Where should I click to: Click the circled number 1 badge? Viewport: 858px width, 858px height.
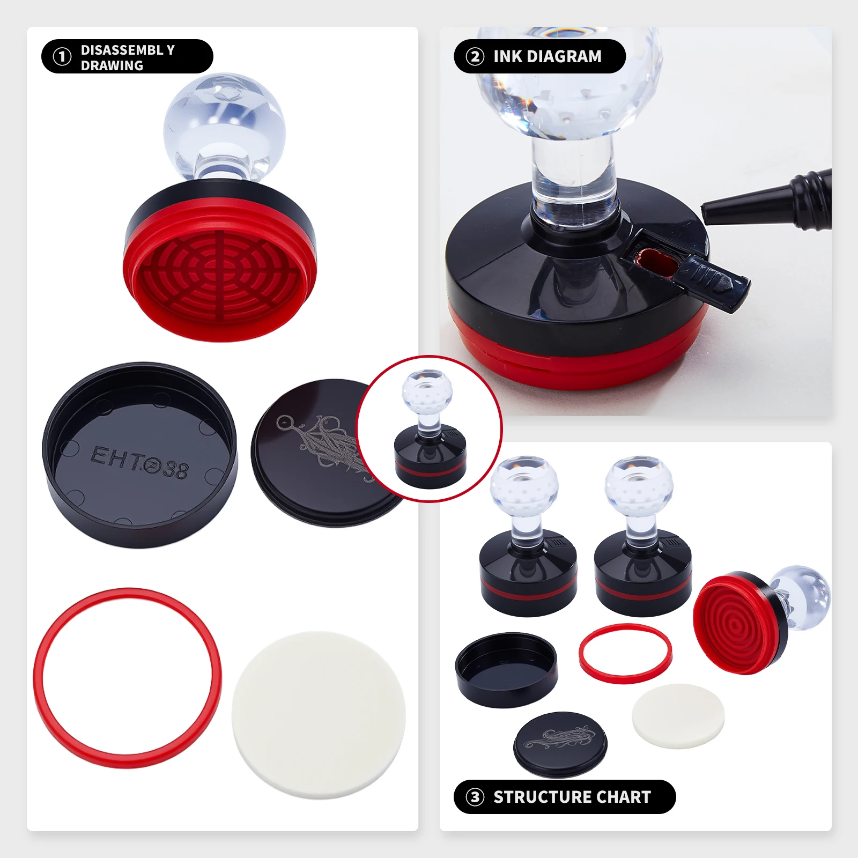pyautogui.click(x=62, y=56)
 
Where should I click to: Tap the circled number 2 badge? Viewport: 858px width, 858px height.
pyautogui.click(x=475, y=56)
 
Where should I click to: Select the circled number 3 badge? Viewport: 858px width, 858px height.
pyautogui.click(x=475, y=797)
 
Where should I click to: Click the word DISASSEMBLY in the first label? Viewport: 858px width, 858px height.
pyautogui.click(x=128, y=50)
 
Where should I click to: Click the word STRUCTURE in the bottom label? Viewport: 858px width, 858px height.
pyautogui.click(x=542, y=797)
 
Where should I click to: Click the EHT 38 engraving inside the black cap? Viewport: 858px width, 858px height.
pyautogui.click(x=139, y=462)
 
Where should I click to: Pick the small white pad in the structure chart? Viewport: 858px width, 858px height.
pyautogui.click(x=678, y=715)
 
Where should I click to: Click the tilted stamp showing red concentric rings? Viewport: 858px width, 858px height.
pyautogui.click(x=740, y=622)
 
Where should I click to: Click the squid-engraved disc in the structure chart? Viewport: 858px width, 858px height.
pyautogui.click(x=560, y=743)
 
